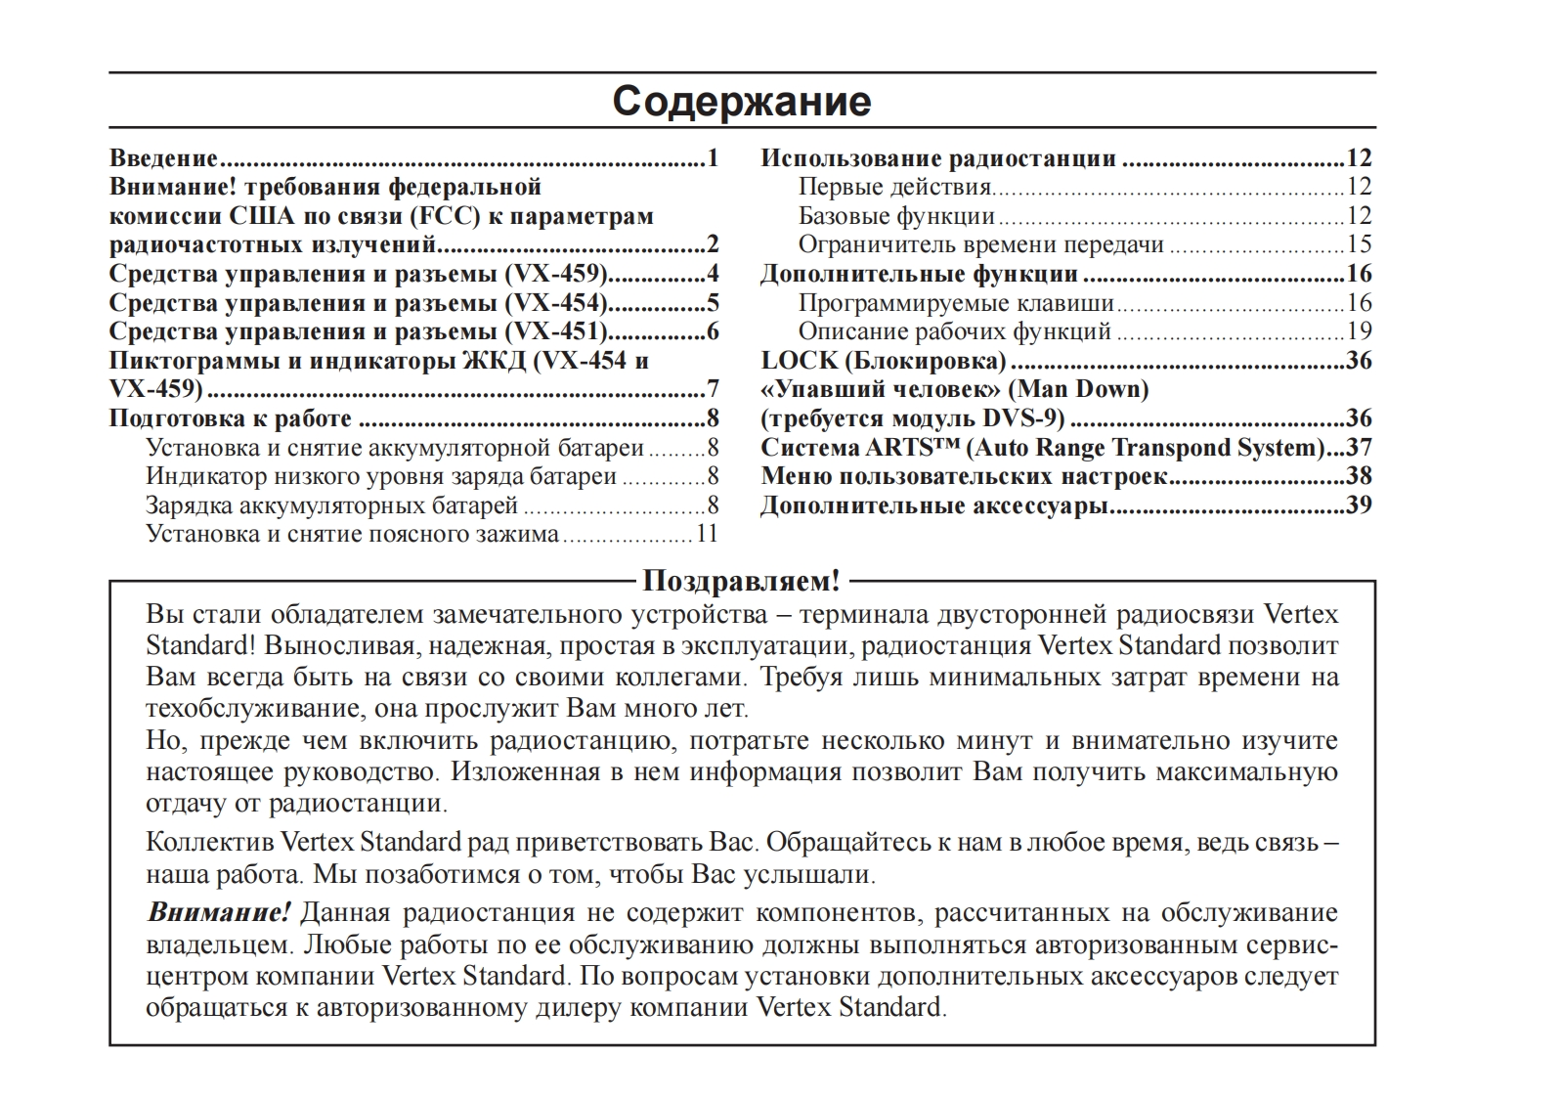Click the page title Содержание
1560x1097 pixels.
coord(741,102)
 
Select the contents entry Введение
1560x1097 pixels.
coord(163,158)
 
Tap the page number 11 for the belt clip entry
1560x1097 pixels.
coord(707,534)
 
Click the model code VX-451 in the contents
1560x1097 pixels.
coord(556,331)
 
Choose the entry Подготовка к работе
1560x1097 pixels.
coord(230,418)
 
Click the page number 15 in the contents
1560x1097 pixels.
coord(1360,244)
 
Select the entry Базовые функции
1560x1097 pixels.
coord(896,216)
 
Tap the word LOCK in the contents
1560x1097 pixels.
coord(800,361)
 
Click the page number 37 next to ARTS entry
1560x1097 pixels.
coord(1360,448)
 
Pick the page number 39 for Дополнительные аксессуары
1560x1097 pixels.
coord(1360,505)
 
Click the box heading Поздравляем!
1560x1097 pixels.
coord(741,581)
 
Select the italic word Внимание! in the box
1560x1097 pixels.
coord(219,913)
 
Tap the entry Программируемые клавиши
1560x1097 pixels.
coord(956,303)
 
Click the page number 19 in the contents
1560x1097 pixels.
coord(1360,331)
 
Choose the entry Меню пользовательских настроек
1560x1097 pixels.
coord(964,476)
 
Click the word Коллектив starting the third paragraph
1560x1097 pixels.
coord(210,842)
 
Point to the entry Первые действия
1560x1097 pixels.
coord(894,187)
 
